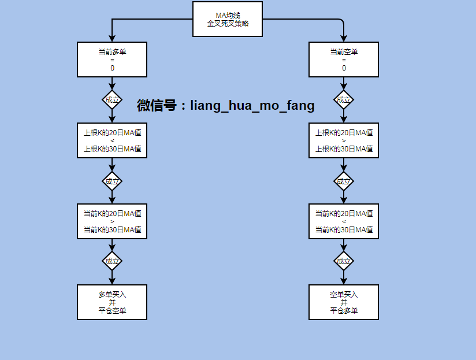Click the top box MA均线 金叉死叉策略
pyautogui.click(x=228, y=19)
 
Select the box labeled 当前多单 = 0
pyautogui.click(x=112, y=60)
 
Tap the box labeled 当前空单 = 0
pyautogui.click(x=344, y=60)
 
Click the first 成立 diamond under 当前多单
pyautogui.click(x=112, y=99)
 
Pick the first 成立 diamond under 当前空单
pyautogui.click(x=344, y=99)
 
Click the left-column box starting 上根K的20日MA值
pyautogui.click(x=112, y=140)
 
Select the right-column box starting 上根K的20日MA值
pyautogui.click(x=344, y=140)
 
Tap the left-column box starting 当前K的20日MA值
pyautogui.click(x=112, y=221)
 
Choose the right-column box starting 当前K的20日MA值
pyautogui.click(x=344, y=221)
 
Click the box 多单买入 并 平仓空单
pyautogui.click(x=112, y=302)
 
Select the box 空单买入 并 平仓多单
pyautogui.click(x=344, y=302)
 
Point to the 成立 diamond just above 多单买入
pyautogui.click(x=112, y=261)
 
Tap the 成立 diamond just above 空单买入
pyautogui.click(x=344, y=261)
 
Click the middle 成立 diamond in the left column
pyautogui.click(x=112, y=181)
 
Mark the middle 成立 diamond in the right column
pyautogui.click(x=344, y=181)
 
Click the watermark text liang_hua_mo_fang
pyautogui.click(x=252, y=106)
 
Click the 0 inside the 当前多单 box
pyautogui.click(x=112, y=68)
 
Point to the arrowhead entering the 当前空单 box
pyautogui.click(x=344, y=39)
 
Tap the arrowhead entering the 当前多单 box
pyautogui.click(x=112, y=39)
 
